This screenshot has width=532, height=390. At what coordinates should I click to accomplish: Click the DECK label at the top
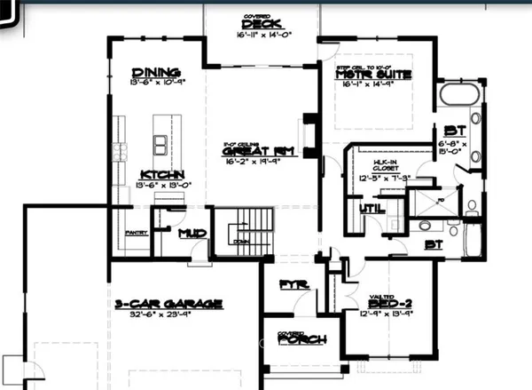click(x=265, y=25)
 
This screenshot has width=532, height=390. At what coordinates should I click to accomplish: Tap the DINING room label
click(x=156, y=72)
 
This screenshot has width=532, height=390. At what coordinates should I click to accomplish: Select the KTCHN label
click(x=160, y=174)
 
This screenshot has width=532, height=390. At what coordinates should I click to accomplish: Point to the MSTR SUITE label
click(x=373, y=75)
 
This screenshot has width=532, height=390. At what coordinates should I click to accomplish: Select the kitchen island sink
click(x=160, y=142)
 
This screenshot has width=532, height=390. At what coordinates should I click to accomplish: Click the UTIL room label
click(x=370, y=211)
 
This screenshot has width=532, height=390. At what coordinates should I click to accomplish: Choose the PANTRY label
click(x=135, y=233)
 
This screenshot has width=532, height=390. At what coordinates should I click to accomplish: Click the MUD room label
click(x=192, y=234)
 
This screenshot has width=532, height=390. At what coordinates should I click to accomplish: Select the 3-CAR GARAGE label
click(x=169, y=304)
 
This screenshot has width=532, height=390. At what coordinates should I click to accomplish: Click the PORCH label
click(x=301, y=339)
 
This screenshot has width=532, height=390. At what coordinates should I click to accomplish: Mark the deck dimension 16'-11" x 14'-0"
click(x=265, y=36)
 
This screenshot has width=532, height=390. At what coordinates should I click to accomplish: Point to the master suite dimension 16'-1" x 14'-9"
click(x=372, y=86)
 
